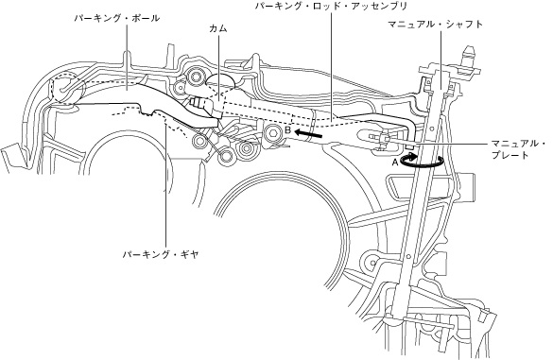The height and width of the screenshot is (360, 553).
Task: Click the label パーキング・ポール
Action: tap(116, 18)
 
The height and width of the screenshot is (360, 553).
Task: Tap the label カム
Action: tap(218, 29)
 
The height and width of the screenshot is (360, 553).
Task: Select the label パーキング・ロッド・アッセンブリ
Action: tap(331, 6)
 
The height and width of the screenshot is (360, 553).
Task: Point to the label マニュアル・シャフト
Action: tap(435, 25)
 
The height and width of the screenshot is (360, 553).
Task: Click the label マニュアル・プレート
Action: tap(518, 149)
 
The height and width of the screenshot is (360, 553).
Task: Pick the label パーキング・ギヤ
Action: tap(161, 254)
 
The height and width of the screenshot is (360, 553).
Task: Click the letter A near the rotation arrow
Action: tap(395, 163)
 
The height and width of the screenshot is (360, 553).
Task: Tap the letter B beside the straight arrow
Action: tap(287, 130)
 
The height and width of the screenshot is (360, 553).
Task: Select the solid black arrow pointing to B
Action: tap(308, 134)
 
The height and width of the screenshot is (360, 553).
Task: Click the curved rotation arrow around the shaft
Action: tap(423, 164)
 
